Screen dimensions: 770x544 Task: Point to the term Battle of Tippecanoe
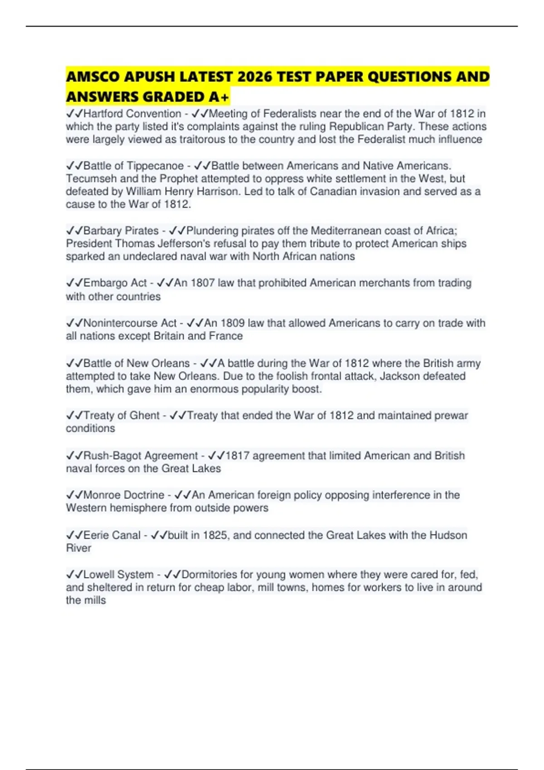133,166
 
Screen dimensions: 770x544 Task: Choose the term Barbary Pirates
121,231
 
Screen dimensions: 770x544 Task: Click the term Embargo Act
115,283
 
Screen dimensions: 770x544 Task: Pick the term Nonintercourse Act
130,323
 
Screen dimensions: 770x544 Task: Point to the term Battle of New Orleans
136,363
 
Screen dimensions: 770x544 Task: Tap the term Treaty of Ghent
121,415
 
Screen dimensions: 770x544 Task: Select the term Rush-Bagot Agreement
141,456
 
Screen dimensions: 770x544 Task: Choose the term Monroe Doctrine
124,495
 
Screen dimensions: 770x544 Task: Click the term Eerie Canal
112,535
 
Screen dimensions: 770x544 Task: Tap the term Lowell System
118,575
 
